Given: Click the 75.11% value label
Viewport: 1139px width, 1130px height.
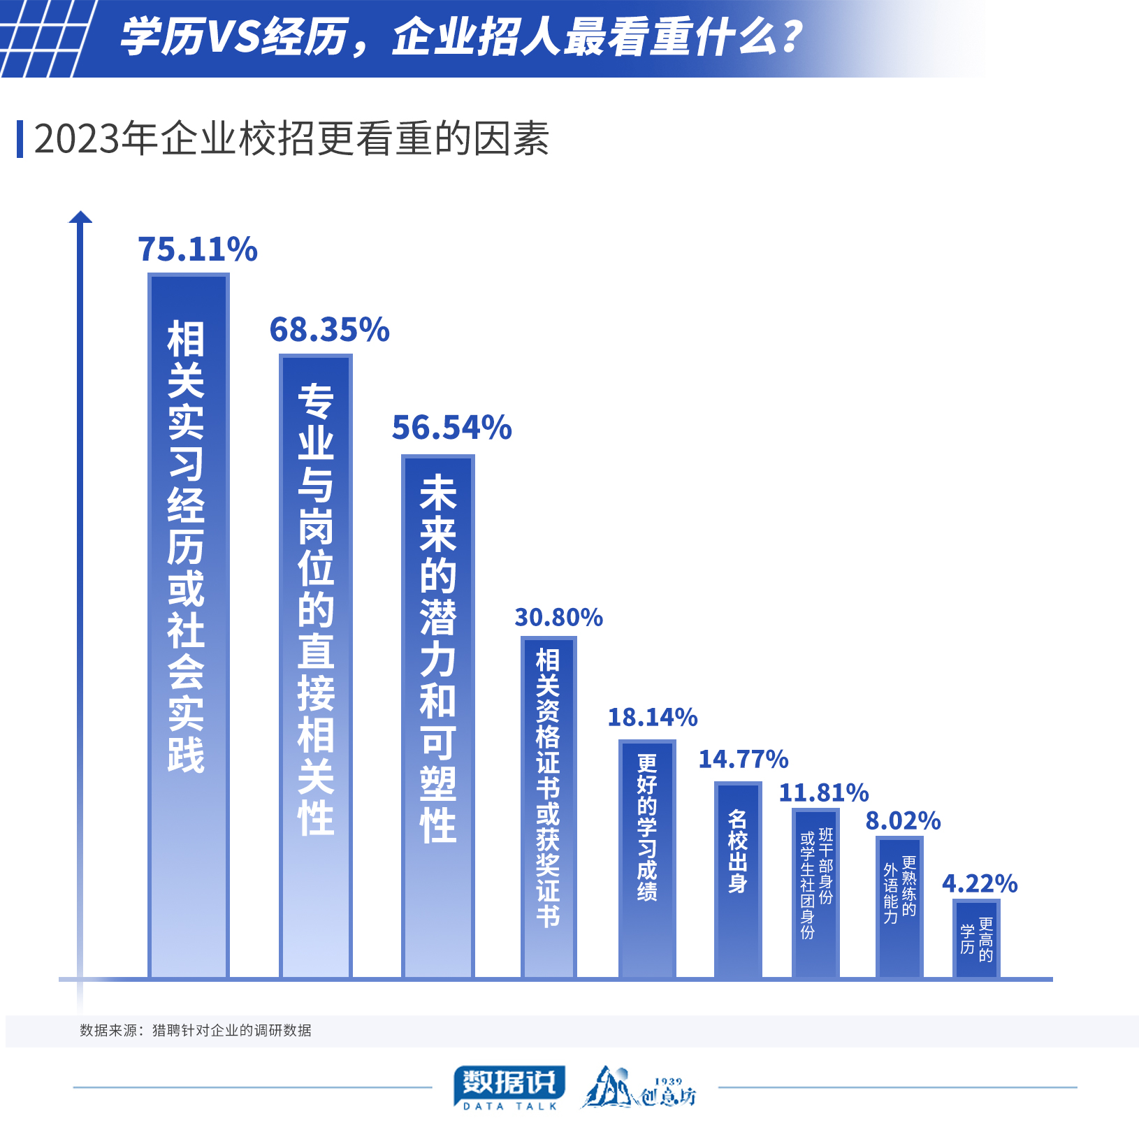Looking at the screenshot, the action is point(198,249).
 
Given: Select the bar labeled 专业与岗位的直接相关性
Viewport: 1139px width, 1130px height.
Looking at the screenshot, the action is point(316,666).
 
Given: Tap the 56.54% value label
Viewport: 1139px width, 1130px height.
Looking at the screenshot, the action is point(452,428).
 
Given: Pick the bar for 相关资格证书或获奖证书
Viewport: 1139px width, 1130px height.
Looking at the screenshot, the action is point(549,807).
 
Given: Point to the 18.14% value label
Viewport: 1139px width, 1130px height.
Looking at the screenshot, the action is point(653,717).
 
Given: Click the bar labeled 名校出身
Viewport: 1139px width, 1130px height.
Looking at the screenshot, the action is point(738,880).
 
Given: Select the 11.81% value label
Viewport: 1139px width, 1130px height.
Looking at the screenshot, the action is point(824,792).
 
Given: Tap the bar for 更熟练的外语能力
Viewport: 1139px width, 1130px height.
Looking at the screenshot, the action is point(899,907).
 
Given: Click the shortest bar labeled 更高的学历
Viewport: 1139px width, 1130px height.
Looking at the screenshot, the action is point(976,939).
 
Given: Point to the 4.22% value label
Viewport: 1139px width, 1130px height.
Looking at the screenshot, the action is point(980,883).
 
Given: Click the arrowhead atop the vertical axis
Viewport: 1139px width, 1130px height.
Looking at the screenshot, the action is point(80,217).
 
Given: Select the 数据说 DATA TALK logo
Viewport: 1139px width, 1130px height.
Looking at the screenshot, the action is point(509,1087).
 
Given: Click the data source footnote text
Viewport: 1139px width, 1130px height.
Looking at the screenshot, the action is point(196,1030).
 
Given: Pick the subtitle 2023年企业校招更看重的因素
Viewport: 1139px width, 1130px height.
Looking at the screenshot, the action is point(291,138).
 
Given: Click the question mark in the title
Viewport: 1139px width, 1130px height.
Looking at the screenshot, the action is point(792,37).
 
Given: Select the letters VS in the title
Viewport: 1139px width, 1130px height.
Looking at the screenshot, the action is point(234,37).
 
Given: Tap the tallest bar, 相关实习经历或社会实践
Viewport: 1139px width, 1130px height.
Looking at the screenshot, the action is point(189,625).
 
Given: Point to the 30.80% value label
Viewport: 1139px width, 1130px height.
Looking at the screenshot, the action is point(559,617).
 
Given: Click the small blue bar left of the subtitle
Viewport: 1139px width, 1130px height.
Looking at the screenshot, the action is point(20,139).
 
